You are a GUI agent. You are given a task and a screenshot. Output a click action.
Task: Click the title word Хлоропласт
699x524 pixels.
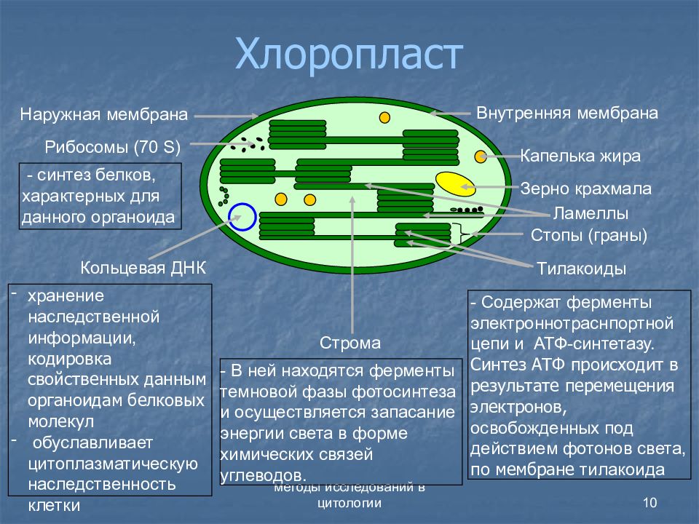(x=349, y=54)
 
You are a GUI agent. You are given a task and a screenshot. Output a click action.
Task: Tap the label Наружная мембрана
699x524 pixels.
(x=104, y=115)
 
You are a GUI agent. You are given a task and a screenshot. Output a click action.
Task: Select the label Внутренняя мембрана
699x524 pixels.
(x=567, y=113)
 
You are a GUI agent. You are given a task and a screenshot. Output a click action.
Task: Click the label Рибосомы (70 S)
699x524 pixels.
(x=113, y=147)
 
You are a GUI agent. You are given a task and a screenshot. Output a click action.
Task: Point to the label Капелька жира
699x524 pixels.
(x=580, y=156)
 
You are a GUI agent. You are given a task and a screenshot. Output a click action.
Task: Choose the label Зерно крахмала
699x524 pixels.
(x=585, y=188)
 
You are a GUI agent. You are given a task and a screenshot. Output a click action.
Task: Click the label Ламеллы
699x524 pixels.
(x=591, y=213)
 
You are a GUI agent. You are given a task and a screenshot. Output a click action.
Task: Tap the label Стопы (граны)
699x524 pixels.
(x=589, y=235)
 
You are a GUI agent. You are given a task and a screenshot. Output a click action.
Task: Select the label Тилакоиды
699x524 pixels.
(x=581, y=269)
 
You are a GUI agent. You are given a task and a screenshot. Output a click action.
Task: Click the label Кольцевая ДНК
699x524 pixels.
(x=143, y=268)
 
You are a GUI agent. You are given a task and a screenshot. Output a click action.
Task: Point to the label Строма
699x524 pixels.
(x=350, y=343)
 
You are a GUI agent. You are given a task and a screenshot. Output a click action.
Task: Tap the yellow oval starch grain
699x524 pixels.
(x=455, y=183)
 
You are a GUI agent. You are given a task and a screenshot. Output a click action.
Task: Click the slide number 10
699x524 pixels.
(x=650, y=503)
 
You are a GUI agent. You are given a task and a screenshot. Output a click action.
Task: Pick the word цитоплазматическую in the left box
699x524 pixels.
(x=113, y=464)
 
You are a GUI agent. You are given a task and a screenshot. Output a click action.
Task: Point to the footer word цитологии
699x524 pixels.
(x=349, y=503)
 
